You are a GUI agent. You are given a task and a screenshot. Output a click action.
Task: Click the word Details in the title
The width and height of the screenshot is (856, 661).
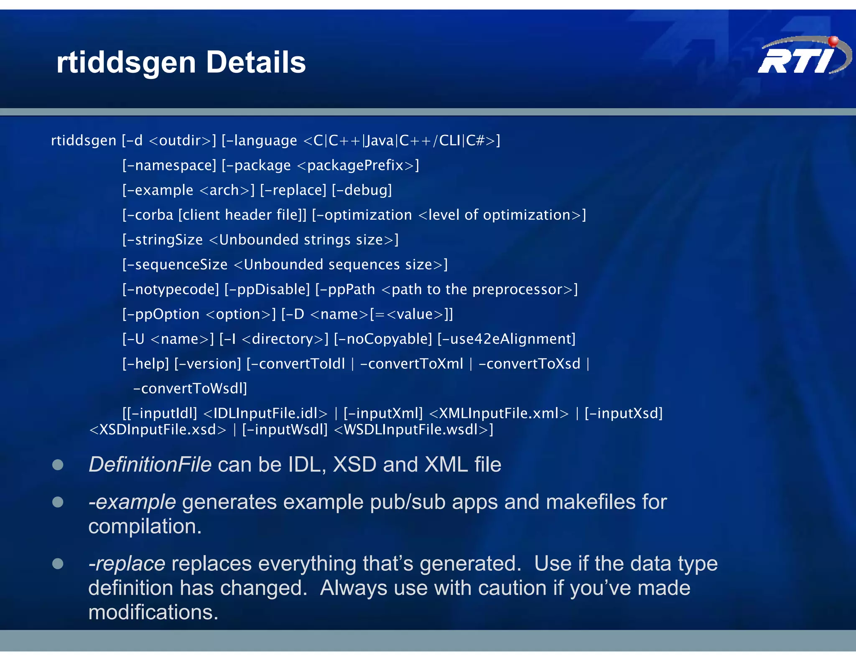tap(256, 63)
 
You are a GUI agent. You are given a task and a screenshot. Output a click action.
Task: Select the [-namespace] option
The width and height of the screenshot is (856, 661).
tap(169, 165)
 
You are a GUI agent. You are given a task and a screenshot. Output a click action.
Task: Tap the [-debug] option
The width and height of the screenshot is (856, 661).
tap(362, 190)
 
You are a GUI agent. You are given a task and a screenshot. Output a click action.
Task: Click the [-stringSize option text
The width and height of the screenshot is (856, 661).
tap(163, 240)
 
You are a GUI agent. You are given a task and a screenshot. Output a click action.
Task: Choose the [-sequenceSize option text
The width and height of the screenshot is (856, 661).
tap(175, 264)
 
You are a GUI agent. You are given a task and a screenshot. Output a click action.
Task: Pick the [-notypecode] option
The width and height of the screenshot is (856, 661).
tap(171, 289)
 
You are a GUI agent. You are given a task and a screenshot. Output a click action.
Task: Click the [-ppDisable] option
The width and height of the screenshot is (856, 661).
tap(267, 289)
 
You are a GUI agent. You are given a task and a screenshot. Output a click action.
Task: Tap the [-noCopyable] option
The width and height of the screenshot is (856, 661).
tap(383, 339)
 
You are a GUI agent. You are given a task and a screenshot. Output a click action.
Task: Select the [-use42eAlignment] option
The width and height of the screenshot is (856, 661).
tap(507, 339)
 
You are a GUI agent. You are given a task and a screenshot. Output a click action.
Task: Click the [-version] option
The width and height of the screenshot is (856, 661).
tap(208, 364)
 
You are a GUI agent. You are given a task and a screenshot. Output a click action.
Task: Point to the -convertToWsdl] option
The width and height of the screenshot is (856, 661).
tap(190, 389)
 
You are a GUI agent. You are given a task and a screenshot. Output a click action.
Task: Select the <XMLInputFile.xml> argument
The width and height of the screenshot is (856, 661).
tap(499, 413)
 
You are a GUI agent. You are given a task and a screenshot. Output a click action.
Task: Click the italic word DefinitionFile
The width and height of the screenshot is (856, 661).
tap(150, 465)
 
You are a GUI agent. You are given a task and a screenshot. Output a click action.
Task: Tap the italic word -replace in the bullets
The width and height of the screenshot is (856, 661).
tap(127, 564)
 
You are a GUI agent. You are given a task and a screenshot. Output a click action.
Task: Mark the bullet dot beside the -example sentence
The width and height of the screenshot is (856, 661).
tap(58, 502)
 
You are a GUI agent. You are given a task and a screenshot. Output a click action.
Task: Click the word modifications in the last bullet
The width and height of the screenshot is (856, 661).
tap(153, 613)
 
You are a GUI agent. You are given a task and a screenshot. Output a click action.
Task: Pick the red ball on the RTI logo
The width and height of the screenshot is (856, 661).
tap(833, 41)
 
